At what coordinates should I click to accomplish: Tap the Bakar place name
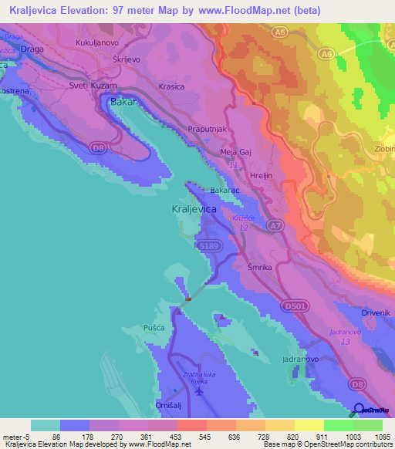(x=123, y=101)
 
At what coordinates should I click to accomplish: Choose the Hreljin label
(x=265, y=176)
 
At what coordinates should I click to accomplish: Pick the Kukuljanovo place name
(x=96, y=44)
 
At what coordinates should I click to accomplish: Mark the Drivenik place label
(x=377, y=312)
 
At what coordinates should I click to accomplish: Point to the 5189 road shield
(x=209, y=245)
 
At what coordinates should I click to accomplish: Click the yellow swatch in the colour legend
(x=309, y=425)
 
